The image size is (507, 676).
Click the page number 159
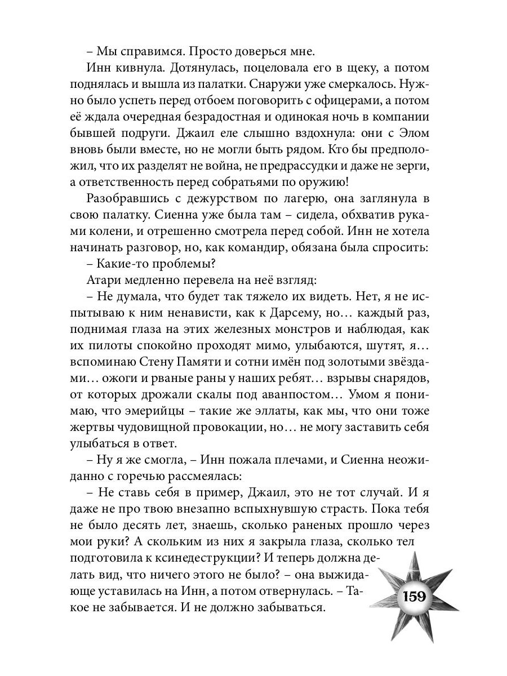[413, 597]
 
